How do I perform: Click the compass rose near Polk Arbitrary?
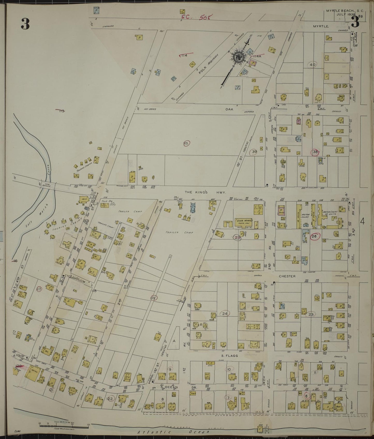click(237, 57)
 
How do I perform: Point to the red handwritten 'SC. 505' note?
click(196, 18)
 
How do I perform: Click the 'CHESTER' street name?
click(287, 276)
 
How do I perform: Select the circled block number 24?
click(225, 314)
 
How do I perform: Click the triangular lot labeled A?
click(174, 341)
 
